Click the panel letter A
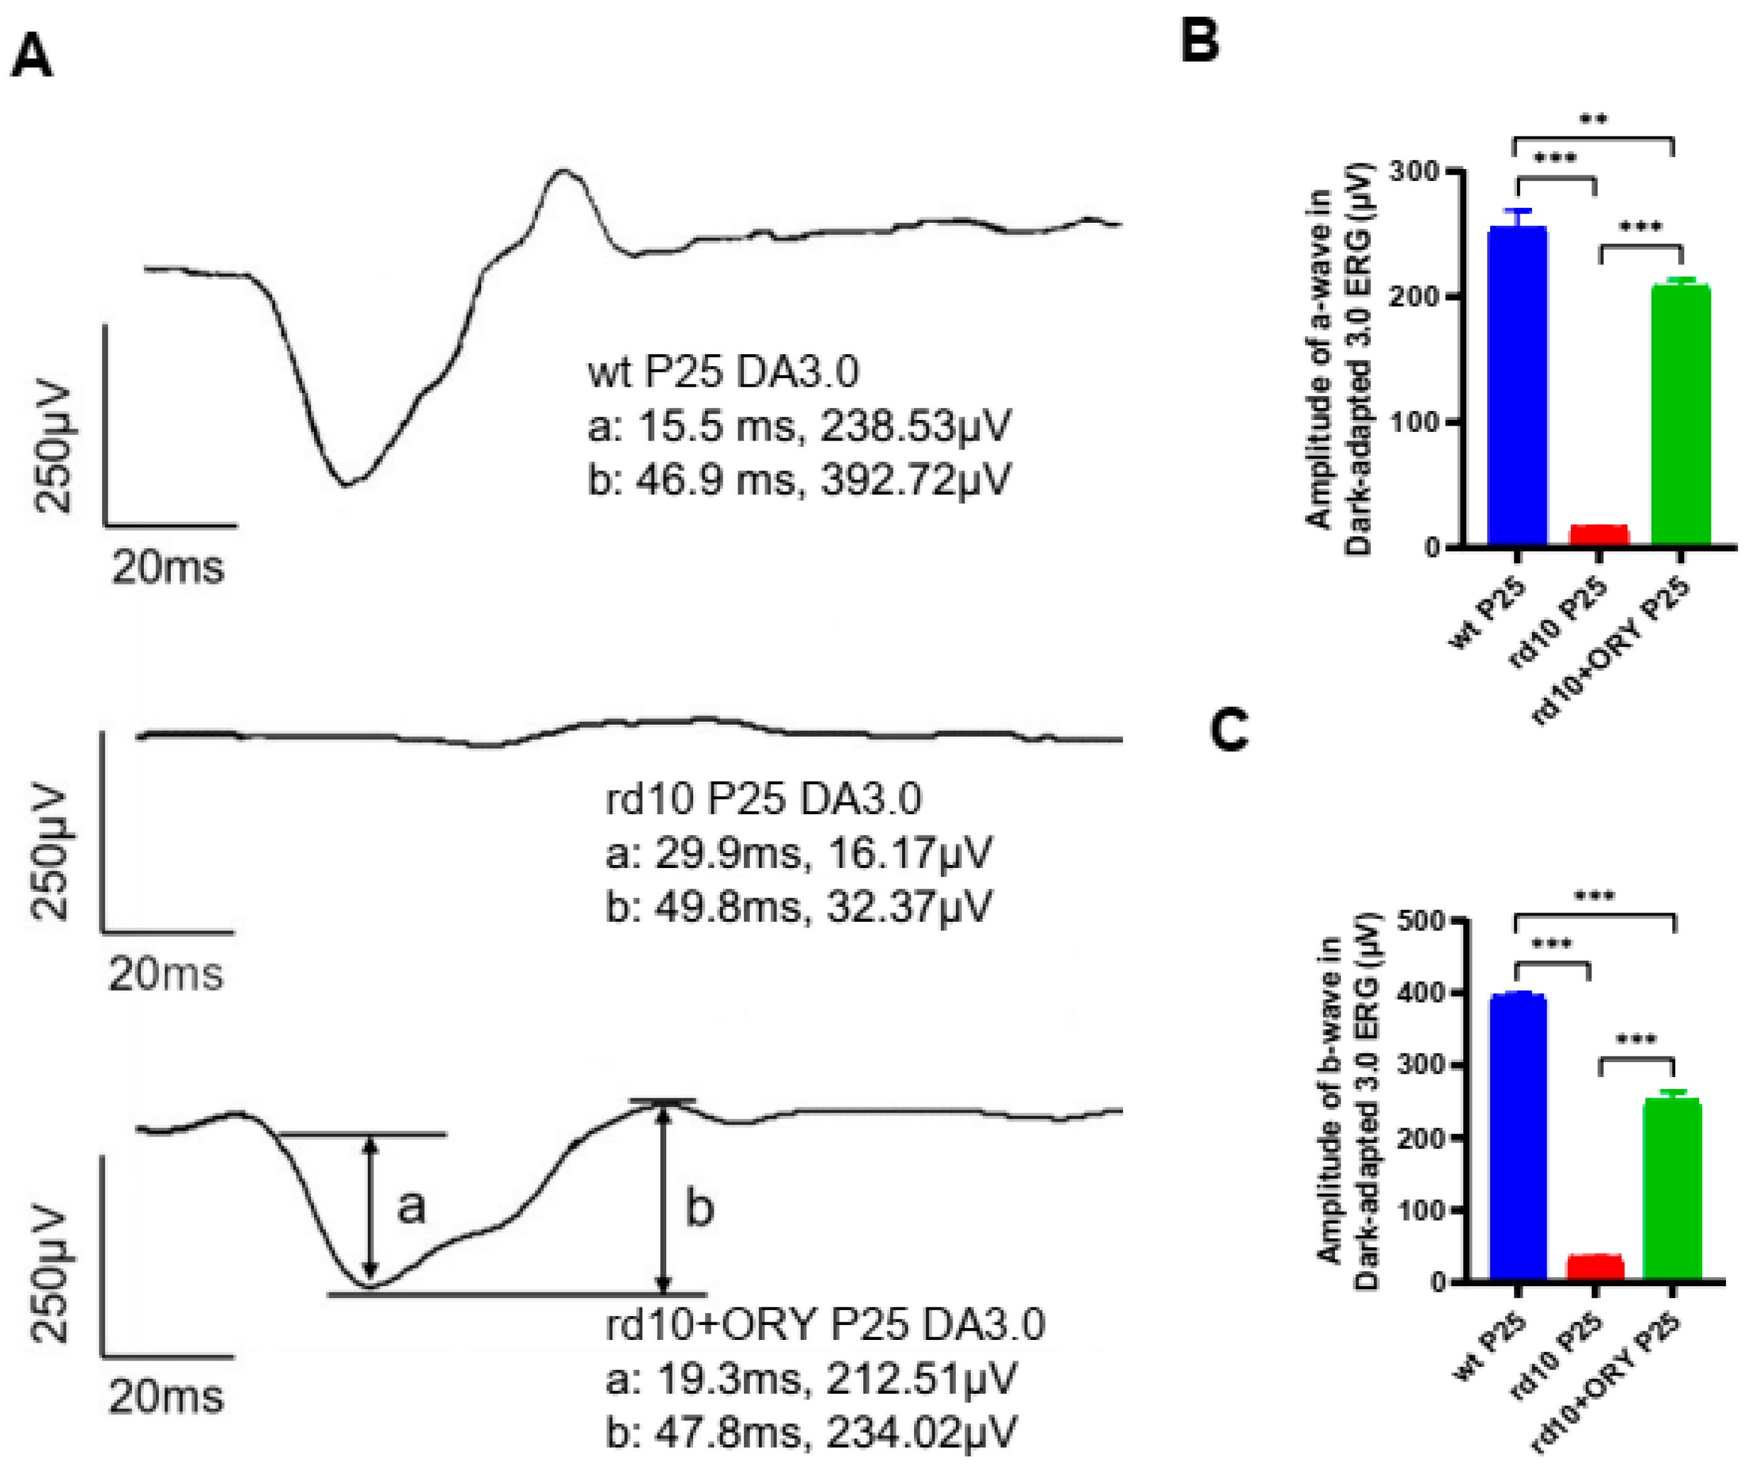32,58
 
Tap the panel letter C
1229,732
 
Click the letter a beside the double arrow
410,1206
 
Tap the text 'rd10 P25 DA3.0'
763,799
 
